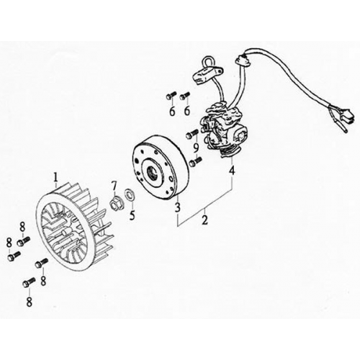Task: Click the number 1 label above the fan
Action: click(55, 178)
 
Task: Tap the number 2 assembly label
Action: click(204, 220)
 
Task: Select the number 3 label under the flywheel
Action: click(178, 207)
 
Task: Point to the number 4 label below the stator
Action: click(232, 171)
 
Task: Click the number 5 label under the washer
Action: click(132, 215)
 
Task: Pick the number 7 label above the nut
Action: click(114, 186)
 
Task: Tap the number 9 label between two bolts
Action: click(196, 148)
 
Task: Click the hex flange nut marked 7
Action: click(115, 204)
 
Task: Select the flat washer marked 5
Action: click(130, 193)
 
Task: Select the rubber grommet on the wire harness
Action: click(243, 60)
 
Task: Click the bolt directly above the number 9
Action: click(192, 134)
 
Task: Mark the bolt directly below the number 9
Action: click(196, 161)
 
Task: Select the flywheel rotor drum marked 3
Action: click(161, 168)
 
